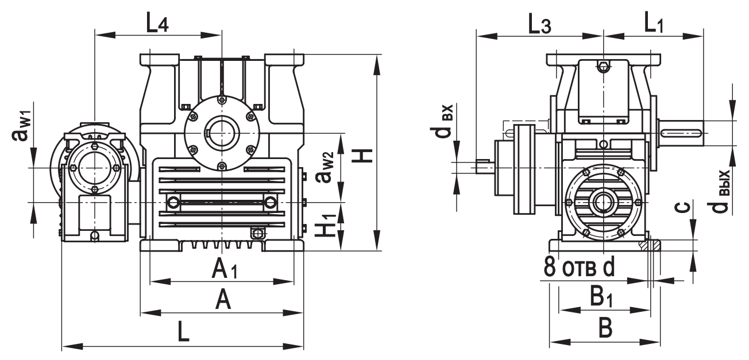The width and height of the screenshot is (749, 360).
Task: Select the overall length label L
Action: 183,332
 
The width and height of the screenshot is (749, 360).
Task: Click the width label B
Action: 605,328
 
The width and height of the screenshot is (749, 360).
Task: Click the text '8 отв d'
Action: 578,267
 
